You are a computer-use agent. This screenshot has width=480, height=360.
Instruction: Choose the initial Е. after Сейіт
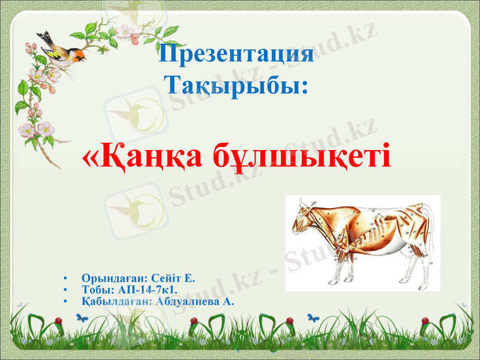(190, 279)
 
